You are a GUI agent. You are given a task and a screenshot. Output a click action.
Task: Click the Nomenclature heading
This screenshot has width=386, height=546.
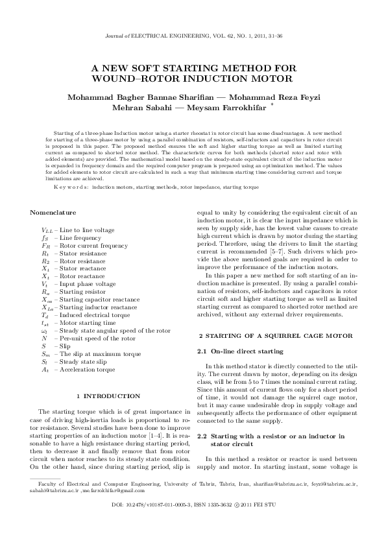click(53, 213)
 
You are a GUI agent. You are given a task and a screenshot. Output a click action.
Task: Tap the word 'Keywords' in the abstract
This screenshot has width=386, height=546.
click(73, 187)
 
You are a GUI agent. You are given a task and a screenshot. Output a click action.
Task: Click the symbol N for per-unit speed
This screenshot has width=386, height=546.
click(44, 338)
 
